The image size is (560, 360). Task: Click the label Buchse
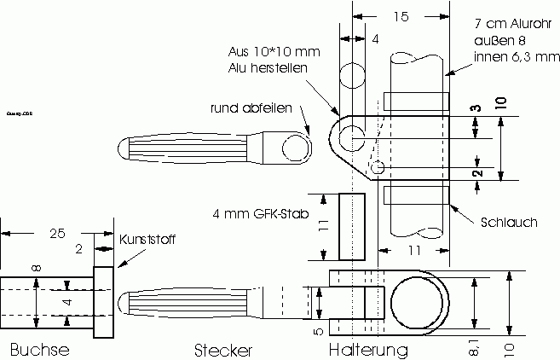coord(39,350)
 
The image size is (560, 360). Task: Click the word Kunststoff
coord(147,240)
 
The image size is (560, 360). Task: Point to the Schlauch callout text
coord(508,222)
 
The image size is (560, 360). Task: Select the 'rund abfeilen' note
coord(251,107)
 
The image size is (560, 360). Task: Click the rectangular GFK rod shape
coord(352,226)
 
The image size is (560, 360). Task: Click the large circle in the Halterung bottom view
coord(419,303)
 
